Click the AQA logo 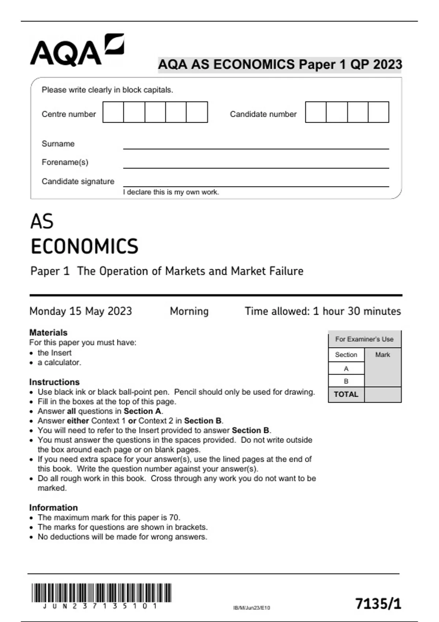(x=77, y=50)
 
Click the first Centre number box (x=113, y=112)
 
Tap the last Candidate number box (x=378, y=112)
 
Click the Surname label (x=58, y=144)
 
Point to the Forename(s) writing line (x=256, y=168)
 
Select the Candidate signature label (x=78, y=181)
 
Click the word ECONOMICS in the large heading (x=85, y=246)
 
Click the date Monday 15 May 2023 (x=80, y=311)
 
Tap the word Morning (x=189, y=311)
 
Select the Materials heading (x=48, y=333)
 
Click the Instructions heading (x=55, y=382)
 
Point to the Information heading (x=53, y=507)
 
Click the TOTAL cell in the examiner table (x=346, y=394)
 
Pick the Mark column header (x=383, y=355)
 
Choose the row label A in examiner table (x=346, y=369)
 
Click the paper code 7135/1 (x=378, y=603)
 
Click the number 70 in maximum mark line (x=174, y=517)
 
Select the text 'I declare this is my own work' (x=171, y=192)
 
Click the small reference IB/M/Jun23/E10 (x=251, y=608)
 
